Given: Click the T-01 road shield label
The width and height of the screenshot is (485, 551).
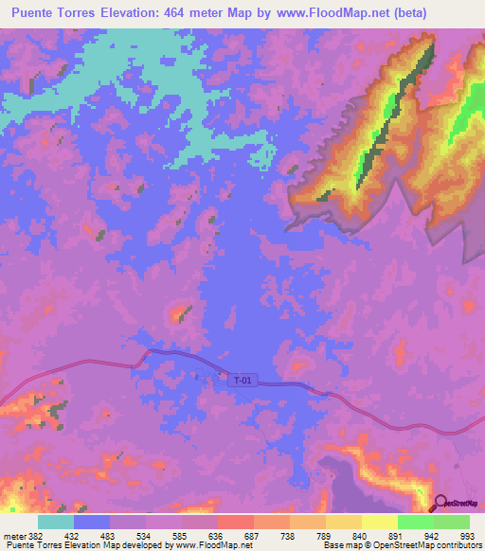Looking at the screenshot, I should tap(243, 381).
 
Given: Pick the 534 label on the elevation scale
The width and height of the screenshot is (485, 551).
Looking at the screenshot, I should tap(147, 535).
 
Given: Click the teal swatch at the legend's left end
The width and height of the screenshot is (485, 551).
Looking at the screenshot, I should tap(56, 522).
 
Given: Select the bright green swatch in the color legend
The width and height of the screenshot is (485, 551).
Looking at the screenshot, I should tap(415, 522).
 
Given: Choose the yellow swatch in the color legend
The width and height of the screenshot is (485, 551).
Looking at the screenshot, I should tap(379, 522).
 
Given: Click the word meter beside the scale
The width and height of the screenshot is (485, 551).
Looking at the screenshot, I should tap(15, 535).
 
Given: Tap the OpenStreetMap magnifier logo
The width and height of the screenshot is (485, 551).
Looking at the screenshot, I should tap(440, 503).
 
